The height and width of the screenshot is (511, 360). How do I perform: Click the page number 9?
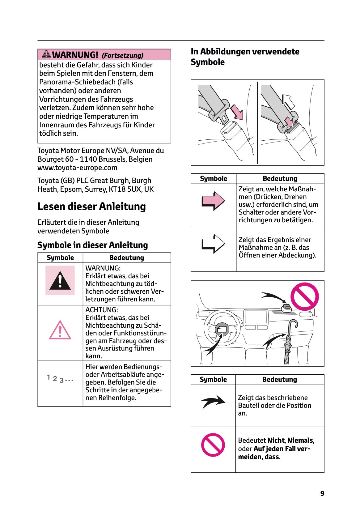coord(322,493)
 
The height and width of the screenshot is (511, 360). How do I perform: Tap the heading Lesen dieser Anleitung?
coord(91,207)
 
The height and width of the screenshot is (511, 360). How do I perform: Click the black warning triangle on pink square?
coord(60,280)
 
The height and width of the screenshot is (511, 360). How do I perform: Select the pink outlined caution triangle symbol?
coord(60,330)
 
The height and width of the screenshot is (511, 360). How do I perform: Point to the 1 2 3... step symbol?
coord(60,379)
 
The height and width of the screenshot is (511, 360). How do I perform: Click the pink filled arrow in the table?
coord(213,201)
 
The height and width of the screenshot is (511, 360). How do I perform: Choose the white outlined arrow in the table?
coord(213,244)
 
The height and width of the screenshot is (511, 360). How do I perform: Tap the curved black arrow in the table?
coord(213,402)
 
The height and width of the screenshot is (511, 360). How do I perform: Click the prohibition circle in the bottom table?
coord(213,445)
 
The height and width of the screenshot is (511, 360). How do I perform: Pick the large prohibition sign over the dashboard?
coord(304,296)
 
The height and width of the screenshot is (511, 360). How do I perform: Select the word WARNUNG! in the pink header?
coord(75,55)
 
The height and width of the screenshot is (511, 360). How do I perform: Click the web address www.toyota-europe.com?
coord(77,168)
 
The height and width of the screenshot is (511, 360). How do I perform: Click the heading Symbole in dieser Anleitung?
coord(93,245)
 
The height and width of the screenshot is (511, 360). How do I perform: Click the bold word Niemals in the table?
coord(300,441)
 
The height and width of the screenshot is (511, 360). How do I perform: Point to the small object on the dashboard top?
coord(286,308)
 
